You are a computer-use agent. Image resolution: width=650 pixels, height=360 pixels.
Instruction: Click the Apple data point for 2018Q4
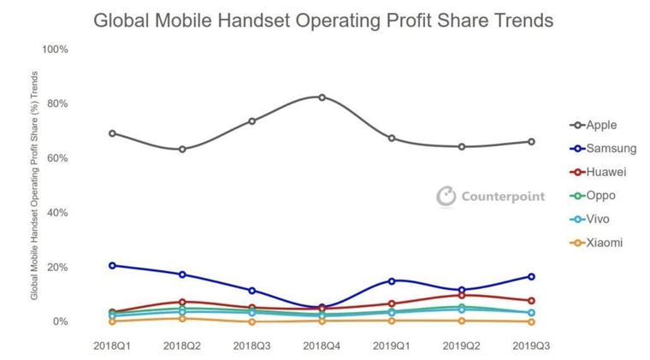click(322, 97)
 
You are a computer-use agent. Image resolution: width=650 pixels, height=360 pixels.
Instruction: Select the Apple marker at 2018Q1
click(112, 133)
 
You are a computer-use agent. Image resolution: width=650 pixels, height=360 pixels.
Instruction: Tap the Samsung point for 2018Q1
click(112, 265)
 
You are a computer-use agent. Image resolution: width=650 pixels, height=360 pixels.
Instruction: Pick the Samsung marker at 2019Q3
click(531, 276)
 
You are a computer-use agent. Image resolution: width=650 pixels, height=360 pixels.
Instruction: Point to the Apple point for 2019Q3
click(531, 141)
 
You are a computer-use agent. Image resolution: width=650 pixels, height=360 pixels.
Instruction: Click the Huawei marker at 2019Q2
click(462, 295)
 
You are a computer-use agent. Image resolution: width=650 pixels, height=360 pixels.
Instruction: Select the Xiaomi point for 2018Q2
click(182, 318)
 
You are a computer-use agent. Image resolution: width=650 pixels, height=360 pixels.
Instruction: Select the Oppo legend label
click(600, 195)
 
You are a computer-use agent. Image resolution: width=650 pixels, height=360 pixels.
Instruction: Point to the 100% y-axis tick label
click(55, 50)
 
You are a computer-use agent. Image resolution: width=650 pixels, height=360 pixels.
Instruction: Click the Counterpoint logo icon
click(446, 196)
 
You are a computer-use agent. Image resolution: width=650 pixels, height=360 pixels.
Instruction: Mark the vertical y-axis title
click(35, 186)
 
